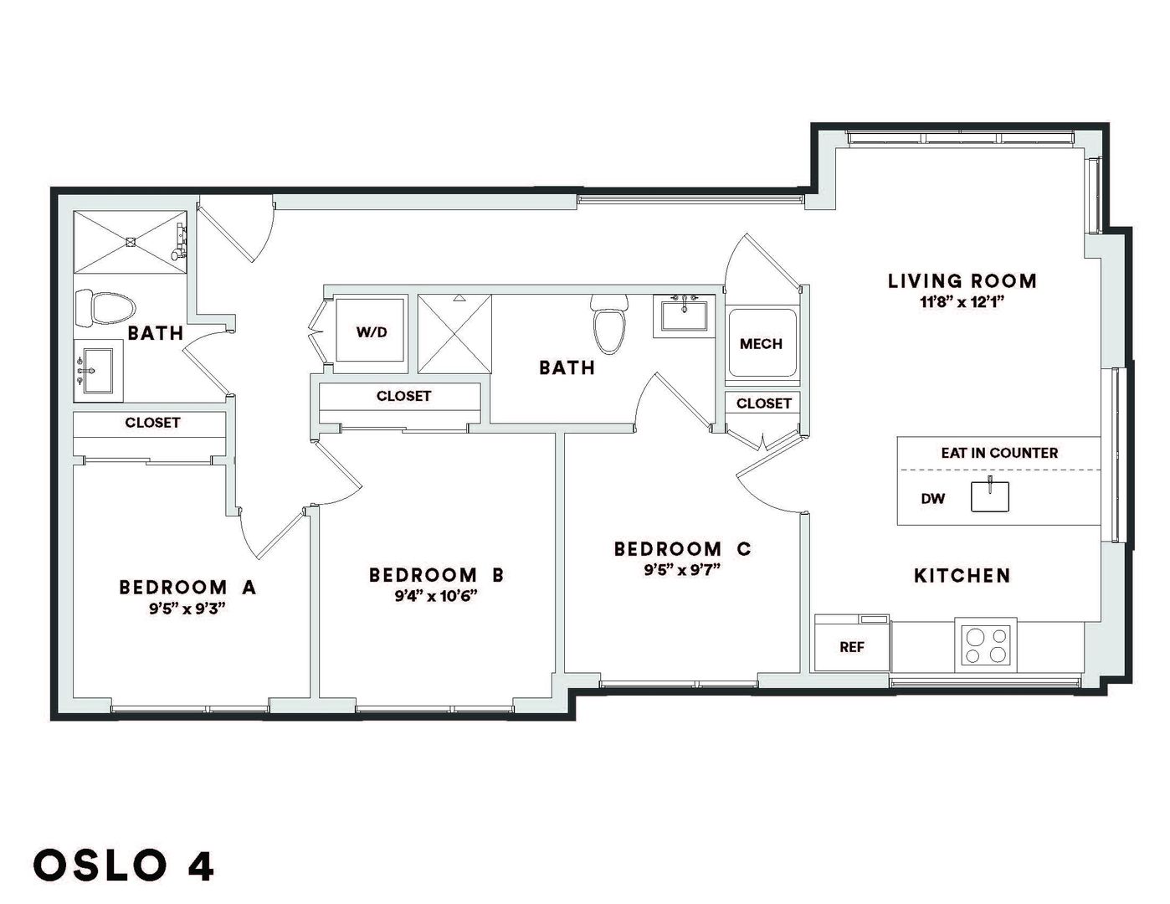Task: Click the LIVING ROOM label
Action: pyautogui.click(x=962, y=281)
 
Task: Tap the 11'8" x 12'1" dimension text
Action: pyautogui.click(x=962, y=302)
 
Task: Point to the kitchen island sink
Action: pyautogui.click(x=989, y=496)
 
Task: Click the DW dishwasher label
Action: pyautogui.click(x=932, y=499)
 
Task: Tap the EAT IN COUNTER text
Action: pyautogui.click(x=999, y=453)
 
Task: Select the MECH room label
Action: pyautogui.click(x=761, y=343)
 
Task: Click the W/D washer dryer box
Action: pyautogui.click(x=371, y=331)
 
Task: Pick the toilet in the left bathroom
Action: pyautogui.click(x=105, y=308)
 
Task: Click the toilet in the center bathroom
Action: pyautogui.click(x=609, y=324)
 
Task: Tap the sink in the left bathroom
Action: pyautogui.click(x=97, y=371)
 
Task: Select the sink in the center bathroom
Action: pyautogui.click(x=685, y=316)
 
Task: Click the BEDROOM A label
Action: pyautogui.click(x=187, y=587)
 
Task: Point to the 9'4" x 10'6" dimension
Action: pyautogui.click(x=436, y=596)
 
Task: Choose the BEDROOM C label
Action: pyautogui.click(x=682, y=548)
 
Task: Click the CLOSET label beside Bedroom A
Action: pyautogui.click(x=152, y=423)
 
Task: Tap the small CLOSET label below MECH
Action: pyautogui.click(x=763, y=403)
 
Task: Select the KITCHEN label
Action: pyautogui.click(x=962, y=576)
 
